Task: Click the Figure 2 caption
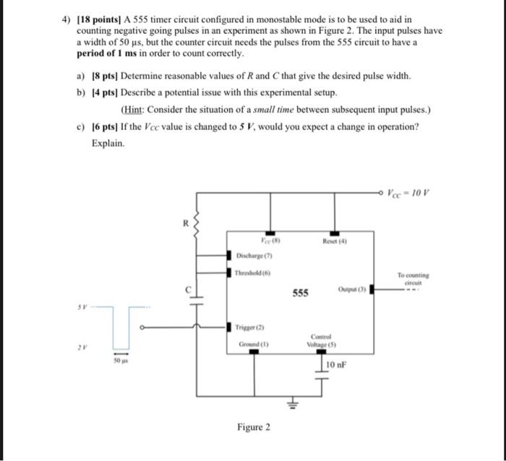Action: pyautogui.click(x=254, y=427)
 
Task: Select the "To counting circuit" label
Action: pyautogui.click(x=413, y=280)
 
